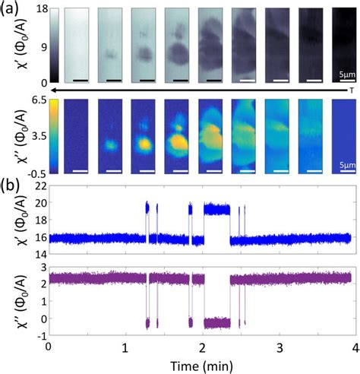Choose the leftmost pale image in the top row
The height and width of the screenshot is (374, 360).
click(x=75, y=45)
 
